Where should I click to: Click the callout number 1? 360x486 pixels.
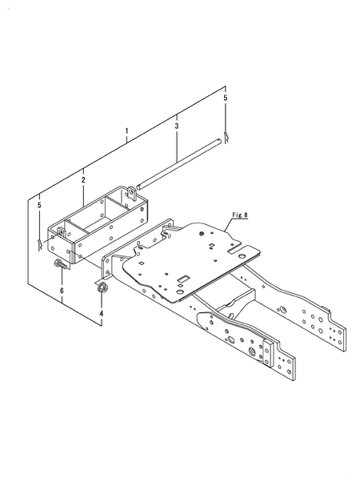(x=126, y=131)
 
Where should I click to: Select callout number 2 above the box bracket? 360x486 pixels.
(x=83, y=180)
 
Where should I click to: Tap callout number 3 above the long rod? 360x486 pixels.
(x=177, y=126)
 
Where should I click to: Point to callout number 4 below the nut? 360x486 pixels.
(x=102, y=313)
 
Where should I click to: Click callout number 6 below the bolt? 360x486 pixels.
(x=62, y=291)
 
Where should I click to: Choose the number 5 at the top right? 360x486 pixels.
(x=226, y=98)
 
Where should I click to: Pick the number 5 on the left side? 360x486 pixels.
(x=39, y=205)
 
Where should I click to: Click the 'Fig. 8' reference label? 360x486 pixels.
(x=240, y=215)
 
